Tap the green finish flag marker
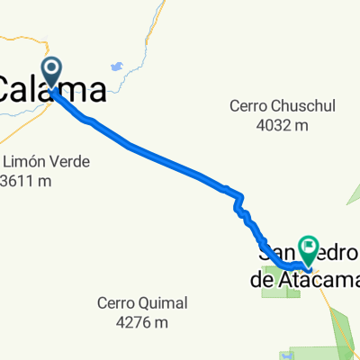pos(310,246)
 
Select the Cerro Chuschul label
pos(282,106)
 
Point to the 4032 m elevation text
pos(281,125)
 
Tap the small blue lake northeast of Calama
pos(116,66)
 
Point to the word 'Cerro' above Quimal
pos(118,303)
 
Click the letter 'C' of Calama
pos(8,89)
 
